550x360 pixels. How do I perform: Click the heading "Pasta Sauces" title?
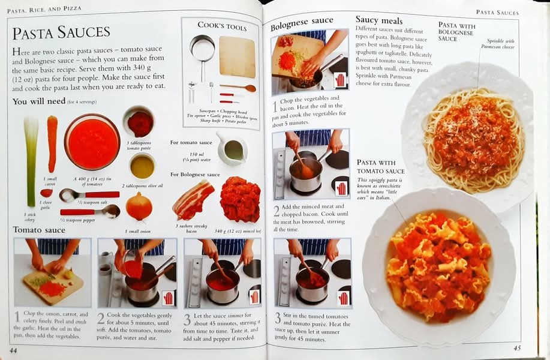(61, 32)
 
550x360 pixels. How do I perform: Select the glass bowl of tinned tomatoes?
(92, 142)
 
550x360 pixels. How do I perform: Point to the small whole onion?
(139, 206)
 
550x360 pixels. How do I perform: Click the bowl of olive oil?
(142, 166)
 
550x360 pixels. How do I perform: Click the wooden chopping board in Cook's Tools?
(237, 56)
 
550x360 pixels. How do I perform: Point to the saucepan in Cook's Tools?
(202, 51)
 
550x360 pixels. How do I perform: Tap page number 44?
(13, 350)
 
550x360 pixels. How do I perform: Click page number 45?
(517, 348)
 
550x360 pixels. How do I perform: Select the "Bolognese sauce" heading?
(302, 23)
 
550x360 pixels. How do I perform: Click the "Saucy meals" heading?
(379, 20)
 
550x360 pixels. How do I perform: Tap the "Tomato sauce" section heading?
(39, 230)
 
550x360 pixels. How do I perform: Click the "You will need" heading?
(39, 101)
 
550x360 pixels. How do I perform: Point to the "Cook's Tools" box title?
(222, 26)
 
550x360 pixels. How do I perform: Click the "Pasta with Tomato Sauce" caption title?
(381, 167)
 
